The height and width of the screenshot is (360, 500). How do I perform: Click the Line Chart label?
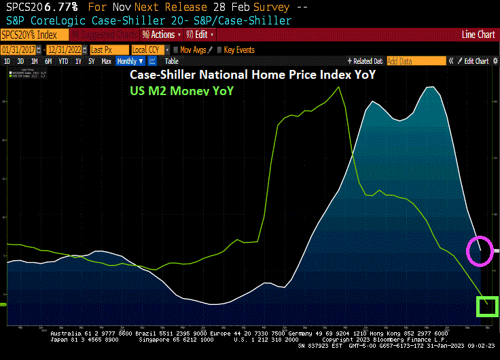point(478,34)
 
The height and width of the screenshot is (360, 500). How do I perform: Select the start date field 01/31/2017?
point(21,50)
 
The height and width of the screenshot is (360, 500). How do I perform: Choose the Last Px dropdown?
point(107,50)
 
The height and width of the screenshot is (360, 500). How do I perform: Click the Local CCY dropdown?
point(149,50)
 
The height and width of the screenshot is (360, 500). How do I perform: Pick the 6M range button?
point(48,61)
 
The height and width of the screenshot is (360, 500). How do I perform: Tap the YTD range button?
point(63,61)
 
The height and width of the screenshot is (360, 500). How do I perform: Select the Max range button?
point(106,61)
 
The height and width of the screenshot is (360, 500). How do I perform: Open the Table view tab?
point(171,61)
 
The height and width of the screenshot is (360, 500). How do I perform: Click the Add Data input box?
point(416,61)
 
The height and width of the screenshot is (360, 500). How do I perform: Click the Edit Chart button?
point(476,61)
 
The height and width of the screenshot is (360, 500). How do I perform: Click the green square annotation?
point(487,307)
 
